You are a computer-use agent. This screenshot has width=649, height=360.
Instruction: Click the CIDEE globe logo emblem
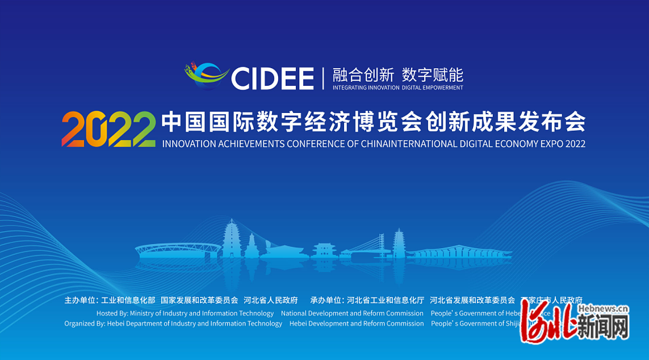pyautogui.click(x=207, y=77)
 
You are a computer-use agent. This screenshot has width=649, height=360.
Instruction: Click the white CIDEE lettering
pyautogui.click(x=273, y=78)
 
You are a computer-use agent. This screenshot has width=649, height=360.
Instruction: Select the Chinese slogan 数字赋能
pyautogui.click(x=433, y=75)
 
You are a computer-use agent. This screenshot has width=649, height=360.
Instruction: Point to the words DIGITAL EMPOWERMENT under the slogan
pyautogui.click(x=433, y=88)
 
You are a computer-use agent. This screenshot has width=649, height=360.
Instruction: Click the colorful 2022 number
pyautogui.click(x=108, y=129)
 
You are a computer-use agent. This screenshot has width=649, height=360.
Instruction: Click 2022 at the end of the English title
pyautogui.click(x=575, y=144)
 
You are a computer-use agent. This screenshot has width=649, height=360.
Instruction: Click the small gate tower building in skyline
pyautogui.click(x=324, y=250)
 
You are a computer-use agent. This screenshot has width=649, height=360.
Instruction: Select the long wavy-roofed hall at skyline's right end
pyautogui.click(x=460, y=253)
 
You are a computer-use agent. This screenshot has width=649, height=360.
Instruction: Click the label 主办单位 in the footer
pyautogui.click(x=80, y=300)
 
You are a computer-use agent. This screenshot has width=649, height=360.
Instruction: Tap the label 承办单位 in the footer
pyautogui.click(x=326, y=300)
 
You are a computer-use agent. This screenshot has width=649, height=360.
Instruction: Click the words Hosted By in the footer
pyautogui.click(x=112, y=313)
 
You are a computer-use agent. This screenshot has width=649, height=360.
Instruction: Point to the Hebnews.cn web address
pyautogui.click(x=603, y=308)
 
